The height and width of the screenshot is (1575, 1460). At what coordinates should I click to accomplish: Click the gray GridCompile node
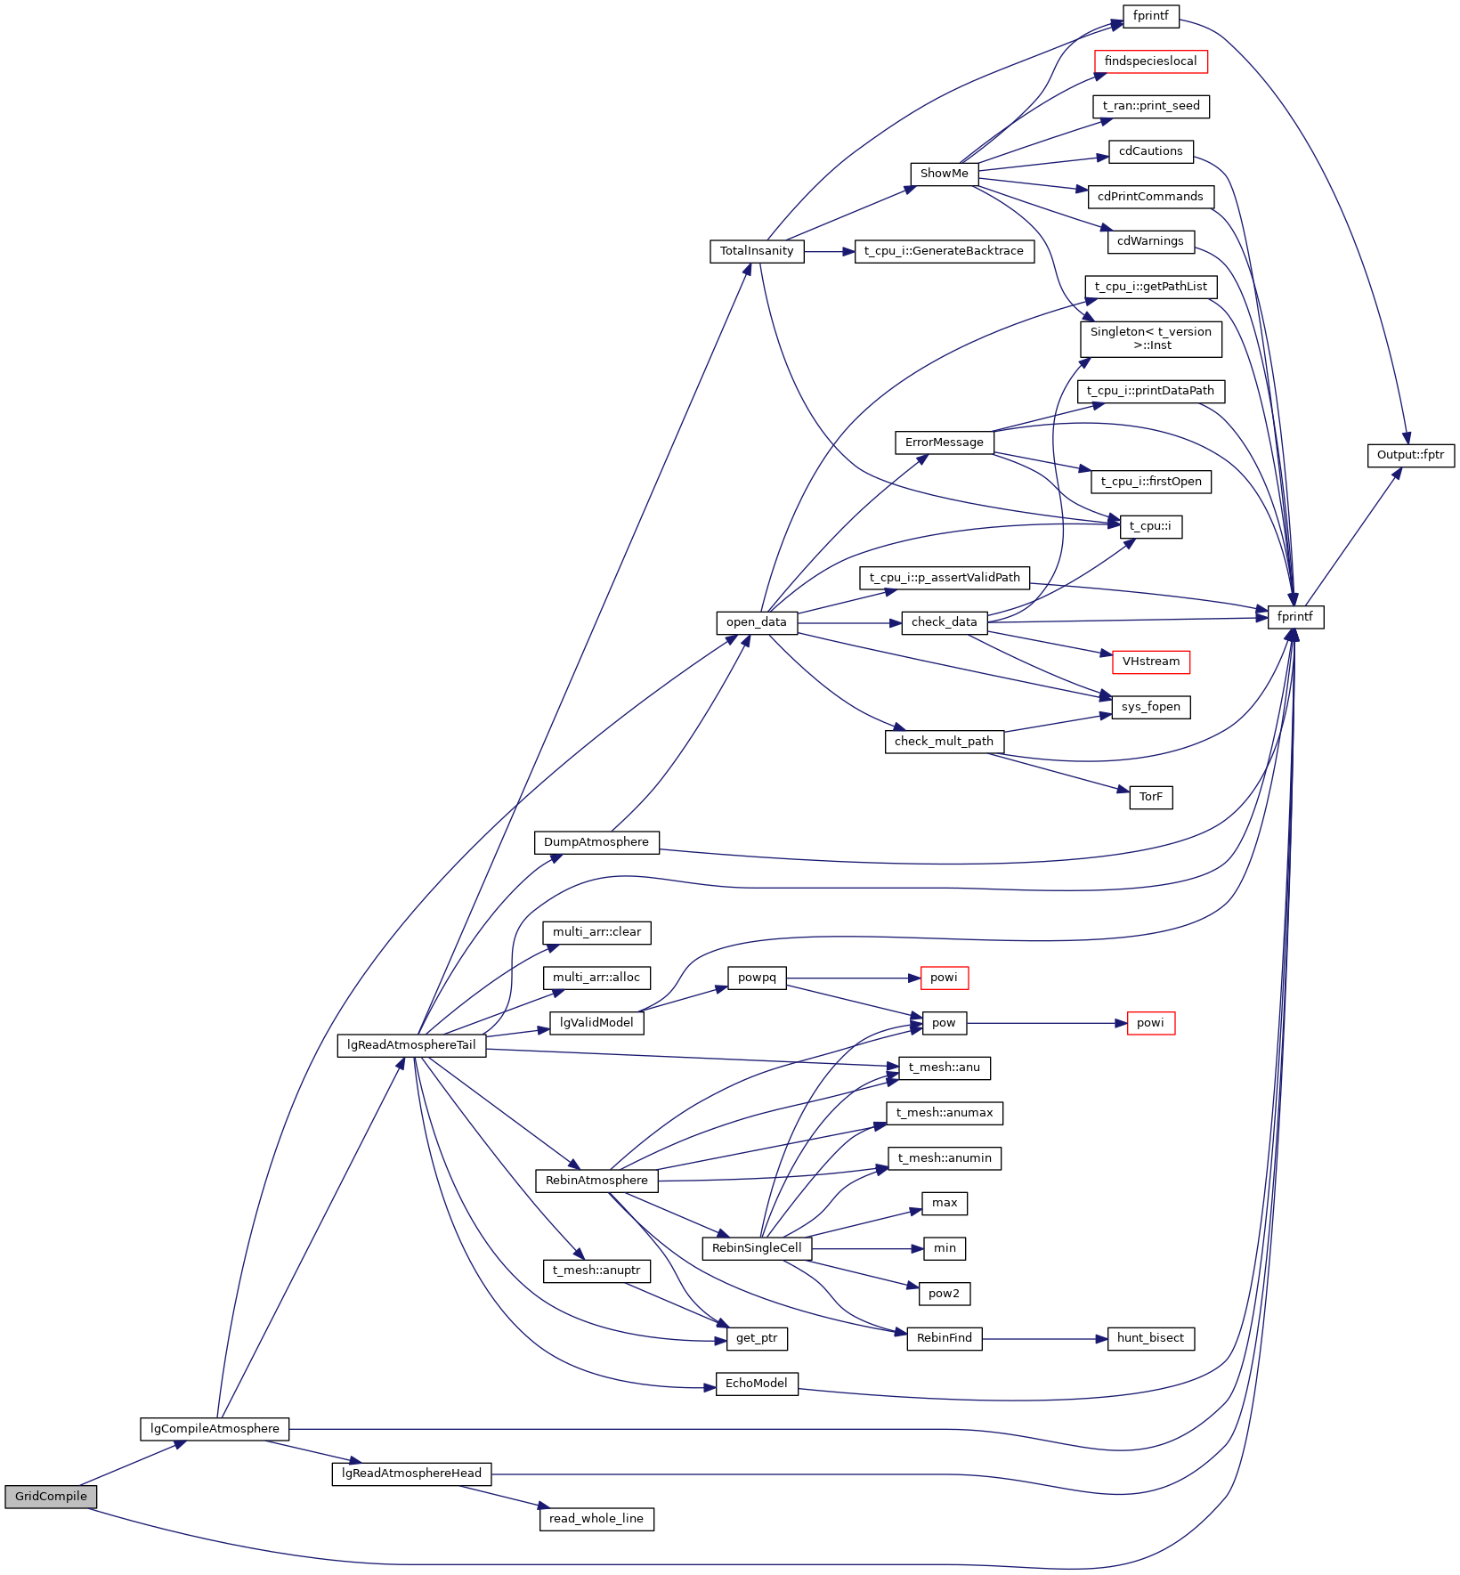tap(51, 1497)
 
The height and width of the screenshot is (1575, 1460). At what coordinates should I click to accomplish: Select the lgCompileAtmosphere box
tap(215, 1429)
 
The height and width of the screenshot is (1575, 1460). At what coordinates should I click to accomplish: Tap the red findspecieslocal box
tap(1150, 61)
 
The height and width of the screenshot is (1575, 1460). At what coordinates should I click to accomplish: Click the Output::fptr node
tap(1410, 455)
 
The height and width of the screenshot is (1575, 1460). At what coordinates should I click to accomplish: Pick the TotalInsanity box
tap(757, 251)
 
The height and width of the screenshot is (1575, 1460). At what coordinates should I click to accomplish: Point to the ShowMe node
tap(944, 174)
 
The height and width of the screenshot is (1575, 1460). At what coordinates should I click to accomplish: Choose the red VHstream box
tap(1150, 662)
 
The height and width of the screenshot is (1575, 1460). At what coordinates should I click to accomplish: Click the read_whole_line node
tap(596, 1519)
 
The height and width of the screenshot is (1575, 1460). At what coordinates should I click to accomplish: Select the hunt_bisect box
tap(1150, 1338)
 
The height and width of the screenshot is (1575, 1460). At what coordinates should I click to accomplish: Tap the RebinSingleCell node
tap(757, 1248)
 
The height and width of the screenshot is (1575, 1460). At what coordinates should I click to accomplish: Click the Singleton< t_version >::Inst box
tap(1150, 338)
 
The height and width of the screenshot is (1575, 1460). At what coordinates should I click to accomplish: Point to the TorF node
tap(1150, 797)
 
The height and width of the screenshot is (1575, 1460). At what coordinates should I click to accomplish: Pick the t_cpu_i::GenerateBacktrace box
tap(944, 251)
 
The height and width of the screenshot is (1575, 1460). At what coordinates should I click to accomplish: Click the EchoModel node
tap(757, 1384)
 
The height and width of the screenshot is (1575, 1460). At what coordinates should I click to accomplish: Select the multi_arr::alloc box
tap(596, 978)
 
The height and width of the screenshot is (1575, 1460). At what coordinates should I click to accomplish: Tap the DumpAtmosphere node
tap(596, 842)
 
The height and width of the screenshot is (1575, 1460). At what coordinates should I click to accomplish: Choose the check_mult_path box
tap(944, 742)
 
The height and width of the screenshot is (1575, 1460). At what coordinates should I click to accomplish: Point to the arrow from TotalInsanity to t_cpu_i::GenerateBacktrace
tap(829, 252)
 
